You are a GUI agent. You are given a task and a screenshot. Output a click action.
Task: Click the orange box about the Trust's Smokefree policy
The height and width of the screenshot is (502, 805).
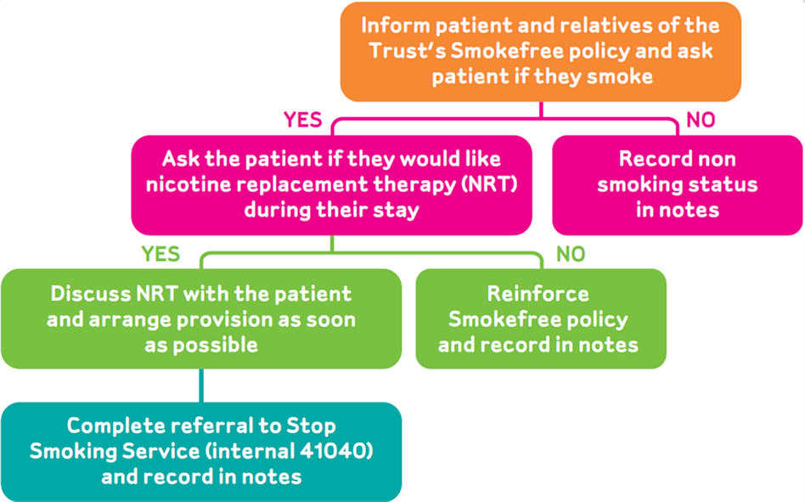click(541, 51)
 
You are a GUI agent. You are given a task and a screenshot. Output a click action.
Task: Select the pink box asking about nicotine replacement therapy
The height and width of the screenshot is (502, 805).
click(332, 185)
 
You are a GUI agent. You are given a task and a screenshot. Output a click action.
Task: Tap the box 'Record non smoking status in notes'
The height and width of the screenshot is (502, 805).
click(677, 185)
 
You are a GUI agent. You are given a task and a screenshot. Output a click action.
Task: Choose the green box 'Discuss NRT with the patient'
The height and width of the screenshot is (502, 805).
click(201, 319)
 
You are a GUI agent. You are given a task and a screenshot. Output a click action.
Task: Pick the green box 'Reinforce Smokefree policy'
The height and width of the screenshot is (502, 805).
click(541, 319)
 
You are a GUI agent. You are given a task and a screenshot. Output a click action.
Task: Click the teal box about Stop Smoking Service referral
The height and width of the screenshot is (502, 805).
click(201, 452)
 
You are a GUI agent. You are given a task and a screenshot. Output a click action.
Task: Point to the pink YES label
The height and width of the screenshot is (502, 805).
click(303, 120)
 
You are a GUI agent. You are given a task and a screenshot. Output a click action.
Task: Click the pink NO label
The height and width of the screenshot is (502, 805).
click(701, 120)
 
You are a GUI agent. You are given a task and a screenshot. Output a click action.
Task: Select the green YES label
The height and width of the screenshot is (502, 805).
click(160, 254)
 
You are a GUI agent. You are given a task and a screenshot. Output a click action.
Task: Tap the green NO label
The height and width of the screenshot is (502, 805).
click(571, 254)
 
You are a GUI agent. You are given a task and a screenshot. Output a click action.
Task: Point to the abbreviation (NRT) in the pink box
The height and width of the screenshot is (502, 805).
click(489, 184)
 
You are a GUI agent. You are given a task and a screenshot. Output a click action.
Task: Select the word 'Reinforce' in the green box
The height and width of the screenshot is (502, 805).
click(538, 294)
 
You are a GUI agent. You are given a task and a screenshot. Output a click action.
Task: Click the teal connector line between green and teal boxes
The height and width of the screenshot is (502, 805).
click(201, 386)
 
